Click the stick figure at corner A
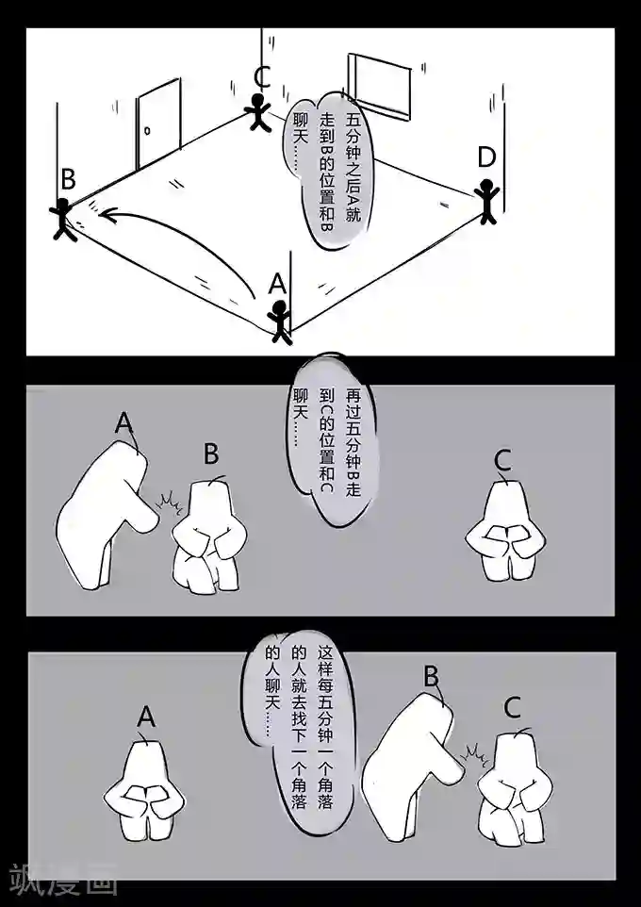(280, 322)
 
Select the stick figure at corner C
(258, 112)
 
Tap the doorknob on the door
(147, 131)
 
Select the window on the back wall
(380, 86)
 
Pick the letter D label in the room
(486, 157)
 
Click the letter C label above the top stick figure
(262, 77)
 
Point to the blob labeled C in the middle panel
(505, 532)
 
